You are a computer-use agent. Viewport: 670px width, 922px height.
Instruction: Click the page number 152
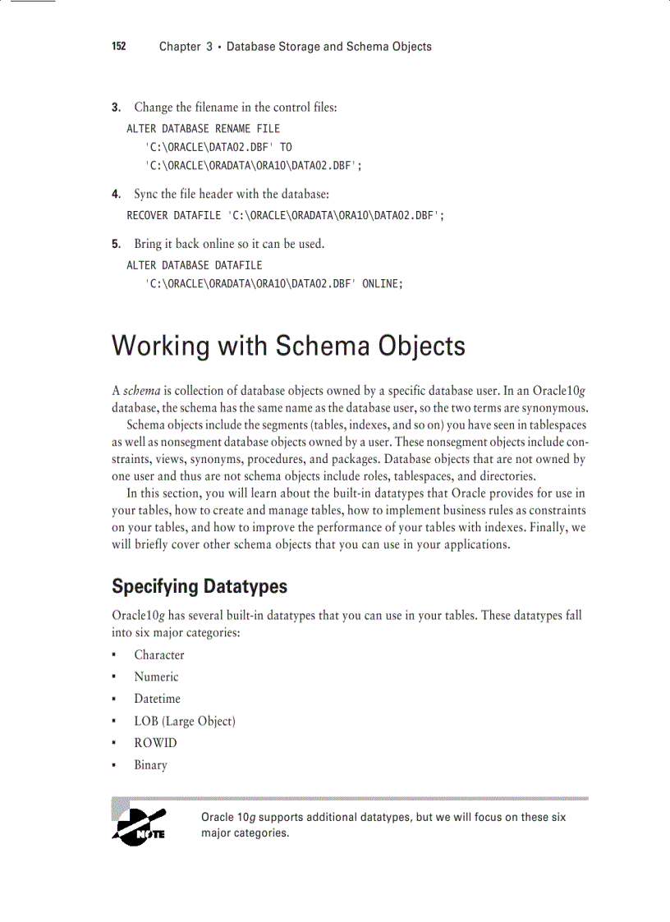pyautogui.click(x=119, y=47)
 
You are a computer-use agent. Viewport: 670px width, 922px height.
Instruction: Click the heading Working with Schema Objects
pyautogui.click(x=288, y=346)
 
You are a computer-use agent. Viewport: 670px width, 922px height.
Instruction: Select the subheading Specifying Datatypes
pyautogui.click(x=200, y=586)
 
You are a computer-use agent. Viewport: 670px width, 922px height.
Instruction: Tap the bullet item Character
pyautogui.click(x=159, y=655)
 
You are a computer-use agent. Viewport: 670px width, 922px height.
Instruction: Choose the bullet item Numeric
pyautogui.click(x=156, y=677)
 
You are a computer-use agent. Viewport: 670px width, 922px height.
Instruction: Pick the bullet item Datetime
pyautogui.click(x=157, y=699)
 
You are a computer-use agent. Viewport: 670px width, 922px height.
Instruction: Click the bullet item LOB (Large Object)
pyautogui.click(x=185, y=721)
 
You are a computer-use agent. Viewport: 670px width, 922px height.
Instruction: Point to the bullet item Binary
pyautogui.click(x=150, y=765)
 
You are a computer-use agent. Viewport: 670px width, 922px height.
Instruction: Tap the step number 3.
pyautogui.click(x=116, y=108)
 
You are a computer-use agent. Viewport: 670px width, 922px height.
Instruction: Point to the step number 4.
pyautogui.click(x=116, y=195)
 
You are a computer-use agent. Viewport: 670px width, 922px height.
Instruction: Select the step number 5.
pyautogui.click(x=116, y=245)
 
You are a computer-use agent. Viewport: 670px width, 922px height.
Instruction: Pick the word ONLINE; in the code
pyautogui.click(x=382, y=284)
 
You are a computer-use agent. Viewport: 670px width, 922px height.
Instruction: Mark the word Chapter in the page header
pyautogui.click(x=179, y=47)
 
